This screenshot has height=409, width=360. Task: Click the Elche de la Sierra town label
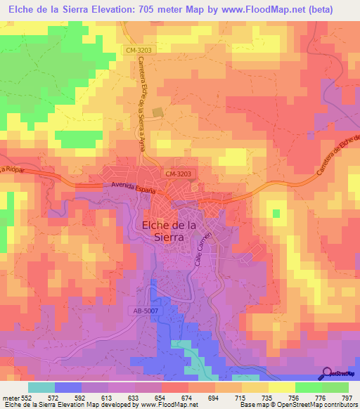(x=163, y=231)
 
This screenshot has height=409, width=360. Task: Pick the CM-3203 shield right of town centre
(x=178, y=173)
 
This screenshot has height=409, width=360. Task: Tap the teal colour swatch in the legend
(x=41, y=387)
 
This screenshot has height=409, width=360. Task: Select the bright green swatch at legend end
(x=335, y=387)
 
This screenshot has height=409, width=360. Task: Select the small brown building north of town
(x=158, y=111)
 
